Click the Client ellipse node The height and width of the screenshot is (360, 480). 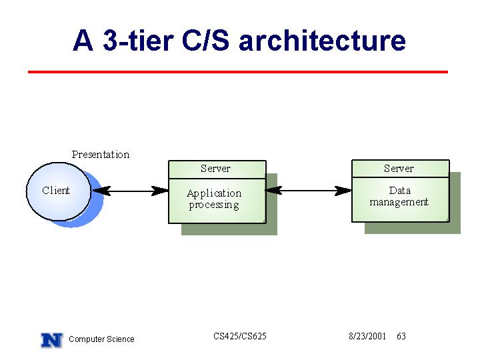(59, 191)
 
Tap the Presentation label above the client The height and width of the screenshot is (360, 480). (101, 155)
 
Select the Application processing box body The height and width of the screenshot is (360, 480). (217, 201)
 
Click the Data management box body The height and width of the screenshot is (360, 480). (401, 199)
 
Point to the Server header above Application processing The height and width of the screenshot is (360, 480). (217, 169)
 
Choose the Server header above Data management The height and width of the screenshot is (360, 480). (401, 169)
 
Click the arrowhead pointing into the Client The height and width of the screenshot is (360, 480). (101, 191)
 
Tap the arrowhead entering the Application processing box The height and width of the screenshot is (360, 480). (160, 191)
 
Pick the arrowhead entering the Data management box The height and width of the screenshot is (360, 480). (343, 191)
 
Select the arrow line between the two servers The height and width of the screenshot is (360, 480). (309, 191)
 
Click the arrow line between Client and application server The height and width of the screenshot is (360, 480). (131, 191)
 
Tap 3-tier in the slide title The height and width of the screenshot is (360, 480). (139, 40)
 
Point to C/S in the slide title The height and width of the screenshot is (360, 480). (205, 40)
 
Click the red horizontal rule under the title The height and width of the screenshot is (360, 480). (238, 72)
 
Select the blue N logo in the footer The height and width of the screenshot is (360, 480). (52, 340)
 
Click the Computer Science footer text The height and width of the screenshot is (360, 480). (101, 339)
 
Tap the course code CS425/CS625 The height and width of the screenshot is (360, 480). (240, 336)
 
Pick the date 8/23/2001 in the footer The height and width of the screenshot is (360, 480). (367, 336)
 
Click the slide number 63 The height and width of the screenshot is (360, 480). (401, 336)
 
